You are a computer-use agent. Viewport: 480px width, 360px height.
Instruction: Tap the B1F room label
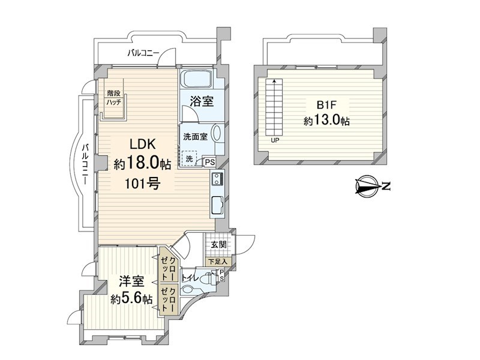coord(326,105)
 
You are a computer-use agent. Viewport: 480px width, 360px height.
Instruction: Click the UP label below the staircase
coord(275,140)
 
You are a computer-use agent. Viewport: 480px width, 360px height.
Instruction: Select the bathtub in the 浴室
coord(197,79)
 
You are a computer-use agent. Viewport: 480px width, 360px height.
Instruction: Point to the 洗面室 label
coord(196,137)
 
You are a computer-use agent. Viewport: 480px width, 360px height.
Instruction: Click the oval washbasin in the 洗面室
coord(217,133)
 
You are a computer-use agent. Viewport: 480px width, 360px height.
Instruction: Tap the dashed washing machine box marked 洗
coord(190,159)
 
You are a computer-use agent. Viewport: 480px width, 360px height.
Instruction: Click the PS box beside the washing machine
coord(209,162)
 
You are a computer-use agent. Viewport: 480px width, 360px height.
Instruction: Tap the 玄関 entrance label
coord(218,245)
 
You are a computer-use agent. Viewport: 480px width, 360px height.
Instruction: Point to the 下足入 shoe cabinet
coord(218,262)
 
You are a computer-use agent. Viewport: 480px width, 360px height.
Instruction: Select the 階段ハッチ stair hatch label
coord(114,98)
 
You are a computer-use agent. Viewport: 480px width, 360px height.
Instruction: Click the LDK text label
coord(143,144)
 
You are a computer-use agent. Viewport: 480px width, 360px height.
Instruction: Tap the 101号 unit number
coord(142,184)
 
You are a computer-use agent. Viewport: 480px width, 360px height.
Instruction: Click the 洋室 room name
coord(131,281)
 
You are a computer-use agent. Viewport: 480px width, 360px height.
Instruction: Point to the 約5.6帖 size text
coord(131,298)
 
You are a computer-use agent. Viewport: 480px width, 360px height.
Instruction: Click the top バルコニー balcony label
coord(143,53)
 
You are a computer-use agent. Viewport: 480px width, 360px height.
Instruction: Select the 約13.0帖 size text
coord(326,121)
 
